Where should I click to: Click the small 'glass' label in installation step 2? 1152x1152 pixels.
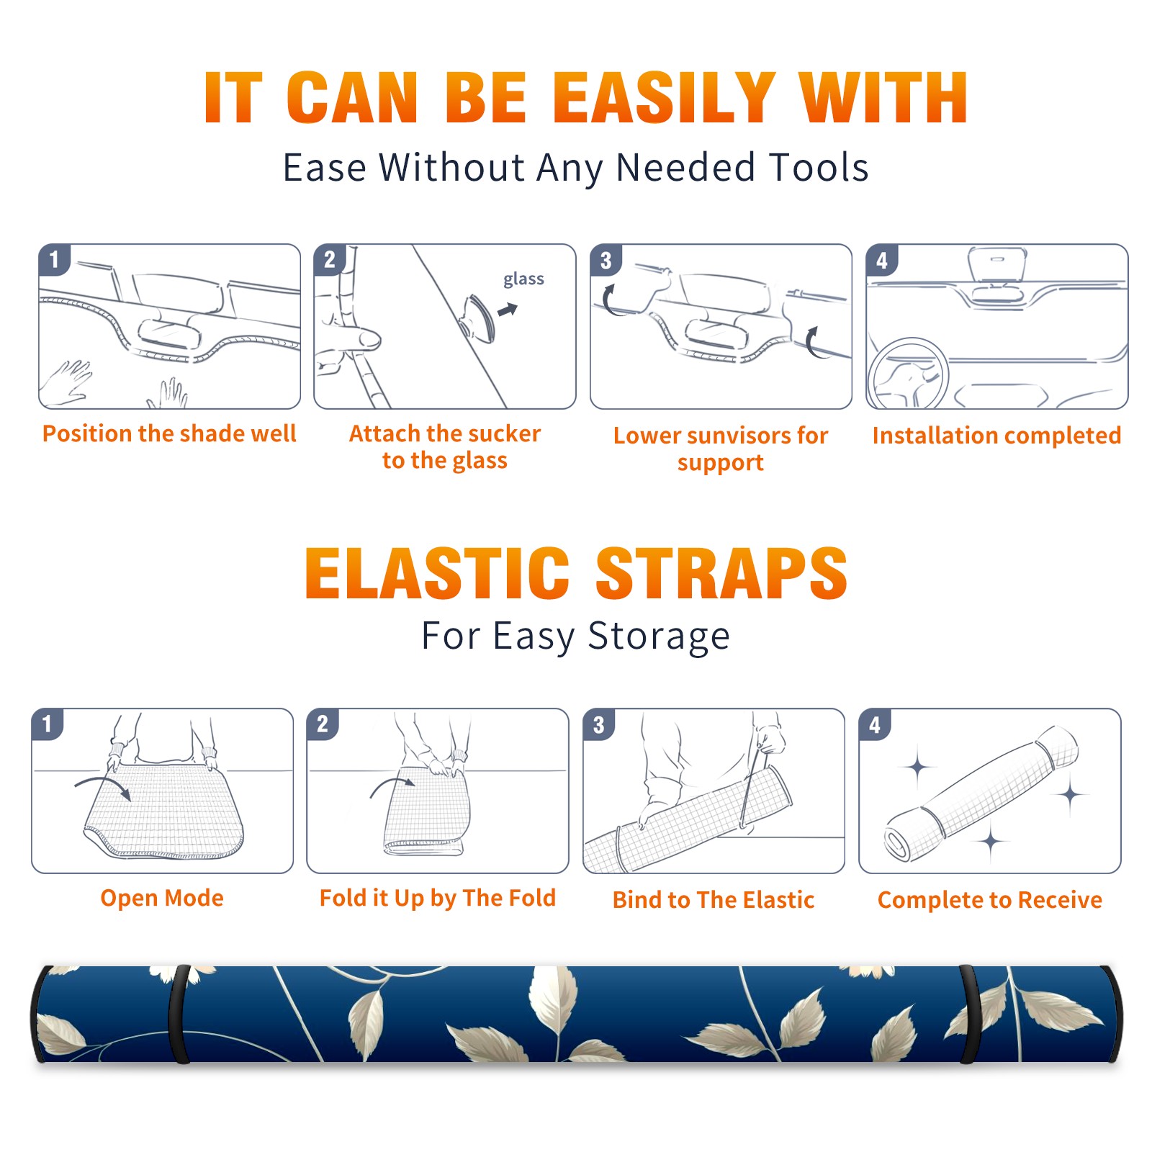[523, 279]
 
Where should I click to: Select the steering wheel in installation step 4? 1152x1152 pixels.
[908, 374]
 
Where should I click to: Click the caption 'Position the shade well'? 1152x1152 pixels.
[169, 433]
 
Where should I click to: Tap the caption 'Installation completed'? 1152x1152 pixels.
[996, 435]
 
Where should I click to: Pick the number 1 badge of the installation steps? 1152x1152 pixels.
[54, 259]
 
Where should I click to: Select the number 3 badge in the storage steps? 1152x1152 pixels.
[598, 724]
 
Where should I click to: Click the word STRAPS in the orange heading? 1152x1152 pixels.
[721, 573]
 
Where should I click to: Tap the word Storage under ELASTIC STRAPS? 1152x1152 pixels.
[659, 636]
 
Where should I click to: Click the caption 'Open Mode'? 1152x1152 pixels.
[162, 898]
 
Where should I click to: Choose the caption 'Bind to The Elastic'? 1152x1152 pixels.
[714, 900]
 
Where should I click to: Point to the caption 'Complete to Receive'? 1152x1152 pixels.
[990, 900]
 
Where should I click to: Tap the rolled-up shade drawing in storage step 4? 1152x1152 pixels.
[981, 794]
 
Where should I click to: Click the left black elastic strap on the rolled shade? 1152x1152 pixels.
[179, 1014]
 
